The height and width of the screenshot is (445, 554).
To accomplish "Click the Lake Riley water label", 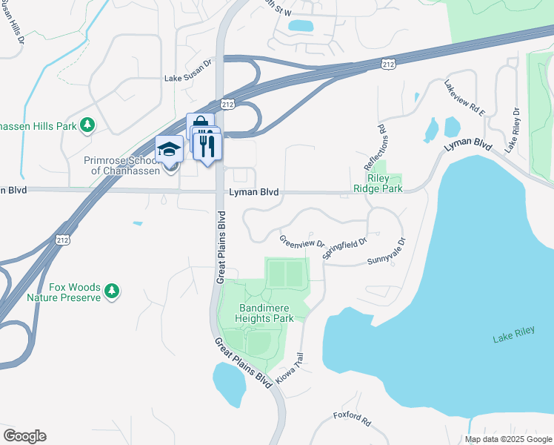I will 513,339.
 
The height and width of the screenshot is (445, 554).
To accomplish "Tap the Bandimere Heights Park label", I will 266,313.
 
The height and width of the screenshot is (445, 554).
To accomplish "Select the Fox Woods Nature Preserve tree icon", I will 112,290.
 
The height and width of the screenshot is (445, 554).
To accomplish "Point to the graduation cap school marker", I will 169,148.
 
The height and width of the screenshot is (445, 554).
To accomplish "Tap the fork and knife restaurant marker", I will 208,145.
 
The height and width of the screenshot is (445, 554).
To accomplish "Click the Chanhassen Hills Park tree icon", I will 87,125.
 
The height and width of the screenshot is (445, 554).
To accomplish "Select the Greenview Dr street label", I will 302,241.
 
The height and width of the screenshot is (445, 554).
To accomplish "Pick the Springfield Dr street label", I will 344,248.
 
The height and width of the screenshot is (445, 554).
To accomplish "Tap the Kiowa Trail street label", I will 291,368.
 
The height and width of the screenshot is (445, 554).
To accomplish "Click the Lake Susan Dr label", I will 188,77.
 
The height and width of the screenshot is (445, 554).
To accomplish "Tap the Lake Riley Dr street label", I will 513,131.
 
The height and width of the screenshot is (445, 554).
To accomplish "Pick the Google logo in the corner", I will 24,436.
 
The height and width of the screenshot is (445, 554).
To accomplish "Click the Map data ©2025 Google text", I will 508,439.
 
